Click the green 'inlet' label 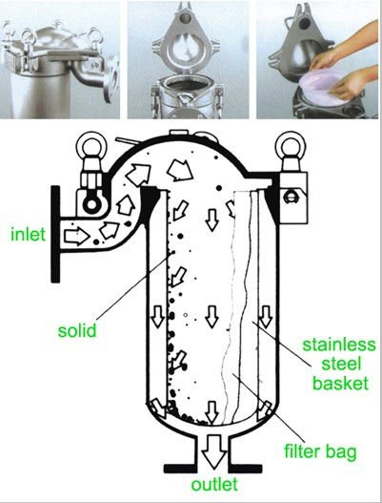[29, 234]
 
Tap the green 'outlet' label [214, 485]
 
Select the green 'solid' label [77, 330]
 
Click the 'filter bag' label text [320, 451]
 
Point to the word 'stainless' [339, 345]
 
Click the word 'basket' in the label [340, 383]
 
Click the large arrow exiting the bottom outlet [214, 451]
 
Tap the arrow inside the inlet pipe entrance [76, 237]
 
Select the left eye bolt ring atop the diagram [91, 144]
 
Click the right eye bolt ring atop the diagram [291, 144]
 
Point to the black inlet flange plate [55, 234]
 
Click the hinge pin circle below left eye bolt [91, 204]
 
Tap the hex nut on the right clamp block [290, 197]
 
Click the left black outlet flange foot [180, 469]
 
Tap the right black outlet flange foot [245, 469]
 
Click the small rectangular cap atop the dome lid [179, 132]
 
